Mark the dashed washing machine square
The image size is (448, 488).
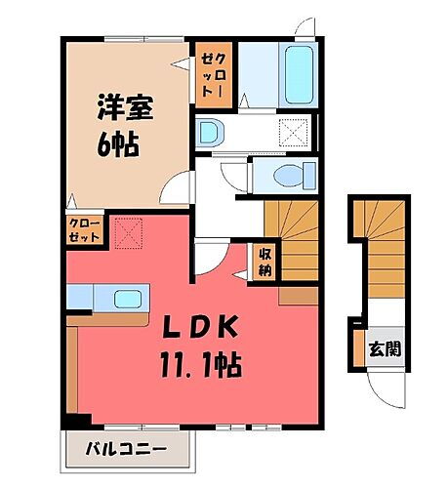pos(294,130)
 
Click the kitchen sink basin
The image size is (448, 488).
pos(126,298)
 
